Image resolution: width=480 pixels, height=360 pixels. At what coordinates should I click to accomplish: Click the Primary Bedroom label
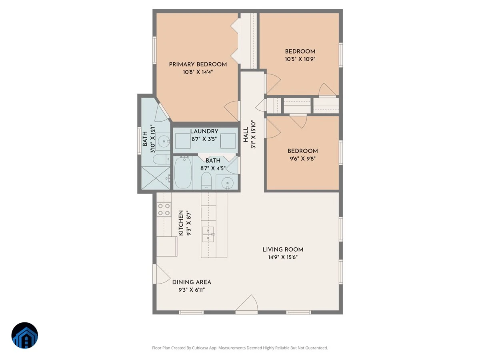coord(198,64)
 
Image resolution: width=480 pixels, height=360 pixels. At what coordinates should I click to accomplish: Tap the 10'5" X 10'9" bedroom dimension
coord(300,59)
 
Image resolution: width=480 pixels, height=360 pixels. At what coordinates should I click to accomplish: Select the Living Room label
coord(283,249)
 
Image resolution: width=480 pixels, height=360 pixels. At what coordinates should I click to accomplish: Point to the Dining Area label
coord(192,282)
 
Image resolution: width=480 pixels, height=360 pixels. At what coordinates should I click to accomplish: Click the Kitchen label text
coord(181,223)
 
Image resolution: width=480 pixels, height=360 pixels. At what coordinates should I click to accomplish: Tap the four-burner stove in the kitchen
coord(164,209)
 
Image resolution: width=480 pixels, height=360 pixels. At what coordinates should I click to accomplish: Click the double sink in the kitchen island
coord(208,234)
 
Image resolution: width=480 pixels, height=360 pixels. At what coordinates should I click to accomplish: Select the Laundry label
coord(204,131)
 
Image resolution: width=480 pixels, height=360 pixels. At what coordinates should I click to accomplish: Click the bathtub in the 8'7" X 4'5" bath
coord(183,173)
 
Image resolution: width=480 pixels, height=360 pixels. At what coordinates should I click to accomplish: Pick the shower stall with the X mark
coord(156,178)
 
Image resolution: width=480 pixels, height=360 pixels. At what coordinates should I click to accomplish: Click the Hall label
coord(246,134)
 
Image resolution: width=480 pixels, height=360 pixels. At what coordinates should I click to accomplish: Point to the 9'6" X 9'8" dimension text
coord(302,159)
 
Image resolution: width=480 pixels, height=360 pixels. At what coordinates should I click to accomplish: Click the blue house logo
coord(25,335)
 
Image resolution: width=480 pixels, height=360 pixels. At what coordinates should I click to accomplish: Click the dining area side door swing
coord(162,274)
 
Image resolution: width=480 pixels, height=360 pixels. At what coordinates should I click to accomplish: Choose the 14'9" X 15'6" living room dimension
coord(283,257)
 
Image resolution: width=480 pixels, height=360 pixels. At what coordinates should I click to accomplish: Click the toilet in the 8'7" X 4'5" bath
coord(206,180)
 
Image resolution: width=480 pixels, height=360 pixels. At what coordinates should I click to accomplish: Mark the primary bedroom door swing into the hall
coord(232,111)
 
